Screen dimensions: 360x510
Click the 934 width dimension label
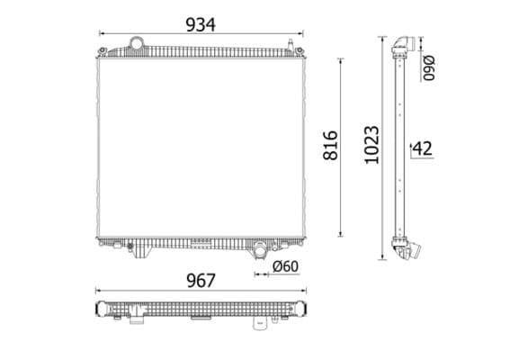[x=200, y=24]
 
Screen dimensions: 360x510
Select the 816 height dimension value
[x=329, y=145]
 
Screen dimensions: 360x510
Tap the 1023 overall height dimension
[x=371, y=144]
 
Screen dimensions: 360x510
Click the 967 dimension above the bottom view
[x=200, y=280]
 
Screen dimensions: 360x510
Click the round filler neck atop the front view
[x=137, y=43]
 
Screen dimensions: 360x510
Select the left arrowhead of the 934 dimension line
[x=102, y=34]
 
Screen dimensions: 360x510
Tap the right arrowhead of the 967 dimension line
[x=304, y=291]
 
